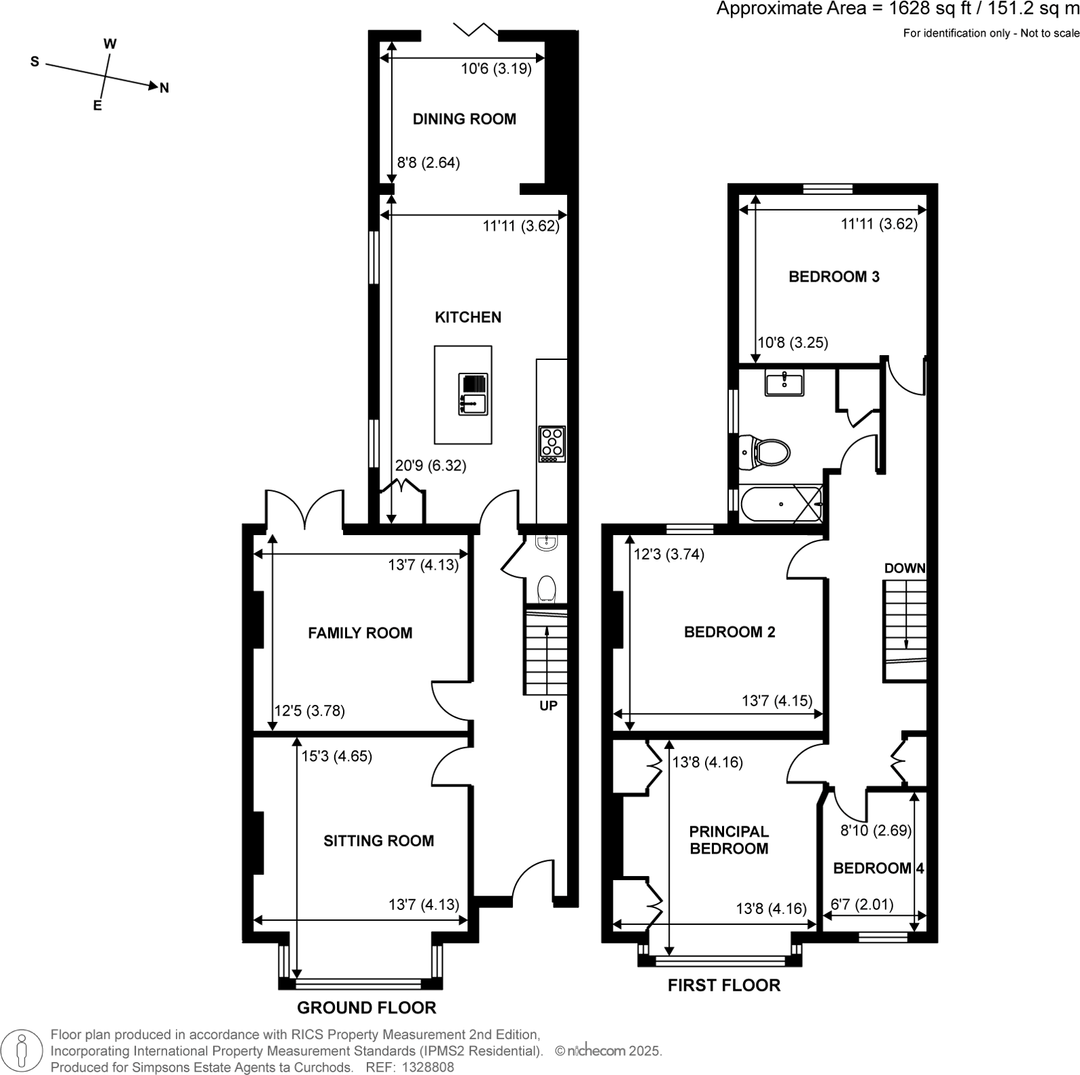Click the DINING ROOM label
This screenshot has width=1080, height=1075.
pyautogui.click(x=465, y=120)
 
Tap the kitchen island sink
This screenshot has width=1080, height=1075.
pyautogui.click(x=473, y=395)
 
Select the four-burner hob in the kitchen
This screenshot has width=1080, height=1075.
pyautogui.click(x=552, y=443)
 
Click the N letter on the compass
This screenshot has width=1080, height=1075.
pyautogui.click(x=164, y=88)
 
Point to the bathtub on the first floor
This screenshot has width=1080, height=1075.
pyautogui.click(x=781, y=504)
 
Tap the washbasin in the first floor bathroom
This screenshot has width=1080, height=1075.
pyautogui.click(x=785, y=382)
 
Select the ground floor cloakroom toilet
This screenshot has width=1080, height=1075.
pyautogui.click(x=546, y=589)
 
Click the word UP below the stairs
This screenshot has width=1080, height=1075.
pyautogui.click(x=548, y=706)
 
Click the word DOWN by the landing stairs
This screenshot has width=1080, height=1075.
pyautogui.click(x=904, y=568)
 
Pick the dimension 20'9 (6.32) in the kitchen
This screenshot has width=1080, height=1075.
pyautogui.click(x=431, y=466)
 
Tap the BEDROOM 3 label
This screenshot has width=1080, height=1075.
pyautogui.click(x=833, y=276)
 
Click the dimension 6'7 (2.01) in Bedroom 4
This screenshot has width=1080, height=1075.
pyautogui.click(x=862, y=905)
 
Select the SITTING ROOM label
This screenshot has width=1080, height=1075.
pyautogui.click(x=378, y=841)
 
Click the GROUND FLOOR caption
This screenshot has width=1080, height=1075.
pyautogui.click(x=366, y=1008)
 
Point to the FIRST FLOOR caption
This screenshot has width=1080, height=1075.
pyautogui.click(x=723, y=985)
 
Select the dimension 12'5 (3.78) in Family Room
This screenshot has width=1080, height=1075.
pyautogui.click(x=309, y=711)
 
